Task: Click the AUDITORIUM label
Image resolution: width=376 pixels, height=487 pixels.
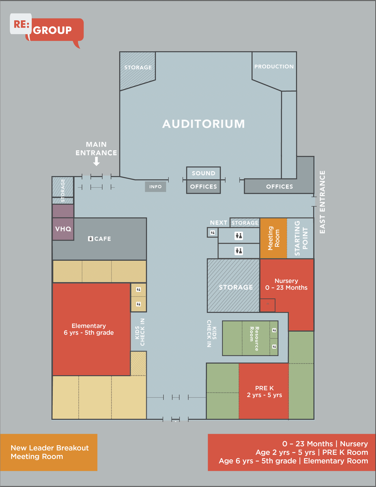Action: click(204, 124)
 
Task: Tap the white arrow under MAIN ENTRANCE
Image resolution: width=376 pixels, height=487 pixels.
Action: click(96, 161)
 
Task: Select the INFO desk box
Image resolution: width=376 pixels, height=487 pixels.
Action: click(155, 187)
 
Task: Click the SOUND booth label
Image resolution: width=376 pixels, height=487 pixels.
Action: click(204, 173)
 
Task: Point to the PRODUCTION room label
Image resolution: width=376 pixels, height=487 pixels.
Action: click(274, 67)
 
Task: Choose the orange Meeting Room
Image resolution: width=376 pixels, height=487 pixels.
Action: click(274, 238)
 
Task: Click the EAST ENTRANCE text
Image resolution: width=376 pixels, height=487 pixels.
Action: click(322, 202)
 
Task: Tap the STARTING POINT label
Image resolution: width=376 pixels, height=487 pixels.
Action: click(301, 238)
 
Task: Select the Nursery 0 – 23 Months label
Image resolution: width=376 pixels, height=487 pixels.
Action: click(286, 284)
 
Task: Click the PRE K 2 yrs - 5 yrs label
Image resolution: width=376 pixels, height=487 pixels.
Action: click(264, 391)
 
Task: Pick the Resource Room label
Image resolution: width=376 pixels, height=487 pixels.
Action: click(254, 338)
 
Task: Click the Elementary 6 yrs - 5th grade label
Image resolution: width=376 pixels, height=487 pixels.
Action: click(89, 329)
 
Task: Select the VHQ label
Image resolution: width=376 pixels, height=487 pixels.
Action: click(63, 229)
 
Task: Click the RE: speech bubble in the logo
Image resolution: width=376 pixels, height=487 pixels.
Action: click(21, 24)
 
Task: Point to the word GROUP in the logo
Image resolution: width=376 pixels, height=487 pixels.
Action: click(52, 30)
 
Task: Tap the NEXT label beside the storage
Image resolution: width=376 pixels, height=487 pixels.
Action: click(219, 223)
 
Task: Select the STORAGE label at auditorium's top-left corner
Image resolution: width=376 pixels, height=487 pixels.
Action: click(138, 68)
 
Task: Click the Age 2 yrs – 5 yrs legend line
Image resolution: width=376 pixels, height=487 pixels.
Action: click(312, 452)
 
